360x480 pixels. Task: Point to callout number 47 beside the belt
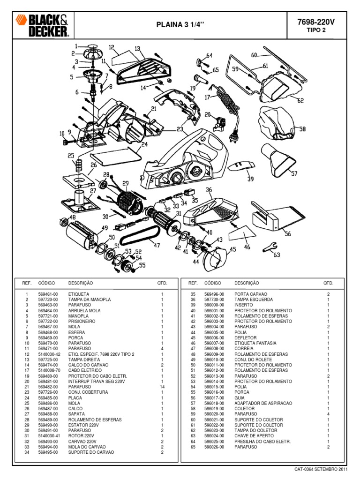pos(157,245)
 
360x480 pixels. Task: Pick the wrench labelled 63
pos(270,247)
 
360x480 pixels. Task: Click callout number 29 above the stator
pos(125,183)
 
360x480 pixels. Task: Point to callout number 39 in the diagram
pos(251,179)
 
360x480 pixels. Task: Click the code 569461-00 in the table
pos(48,293)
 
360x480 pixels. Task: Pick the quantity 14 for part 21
pos(162,386)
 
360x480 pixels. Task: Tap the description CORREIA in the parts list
pos(244,349)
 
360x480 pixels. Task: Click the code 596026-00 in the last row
pos(214,447)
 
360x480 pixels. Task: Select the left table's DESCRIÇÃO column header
pos(81,283)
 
